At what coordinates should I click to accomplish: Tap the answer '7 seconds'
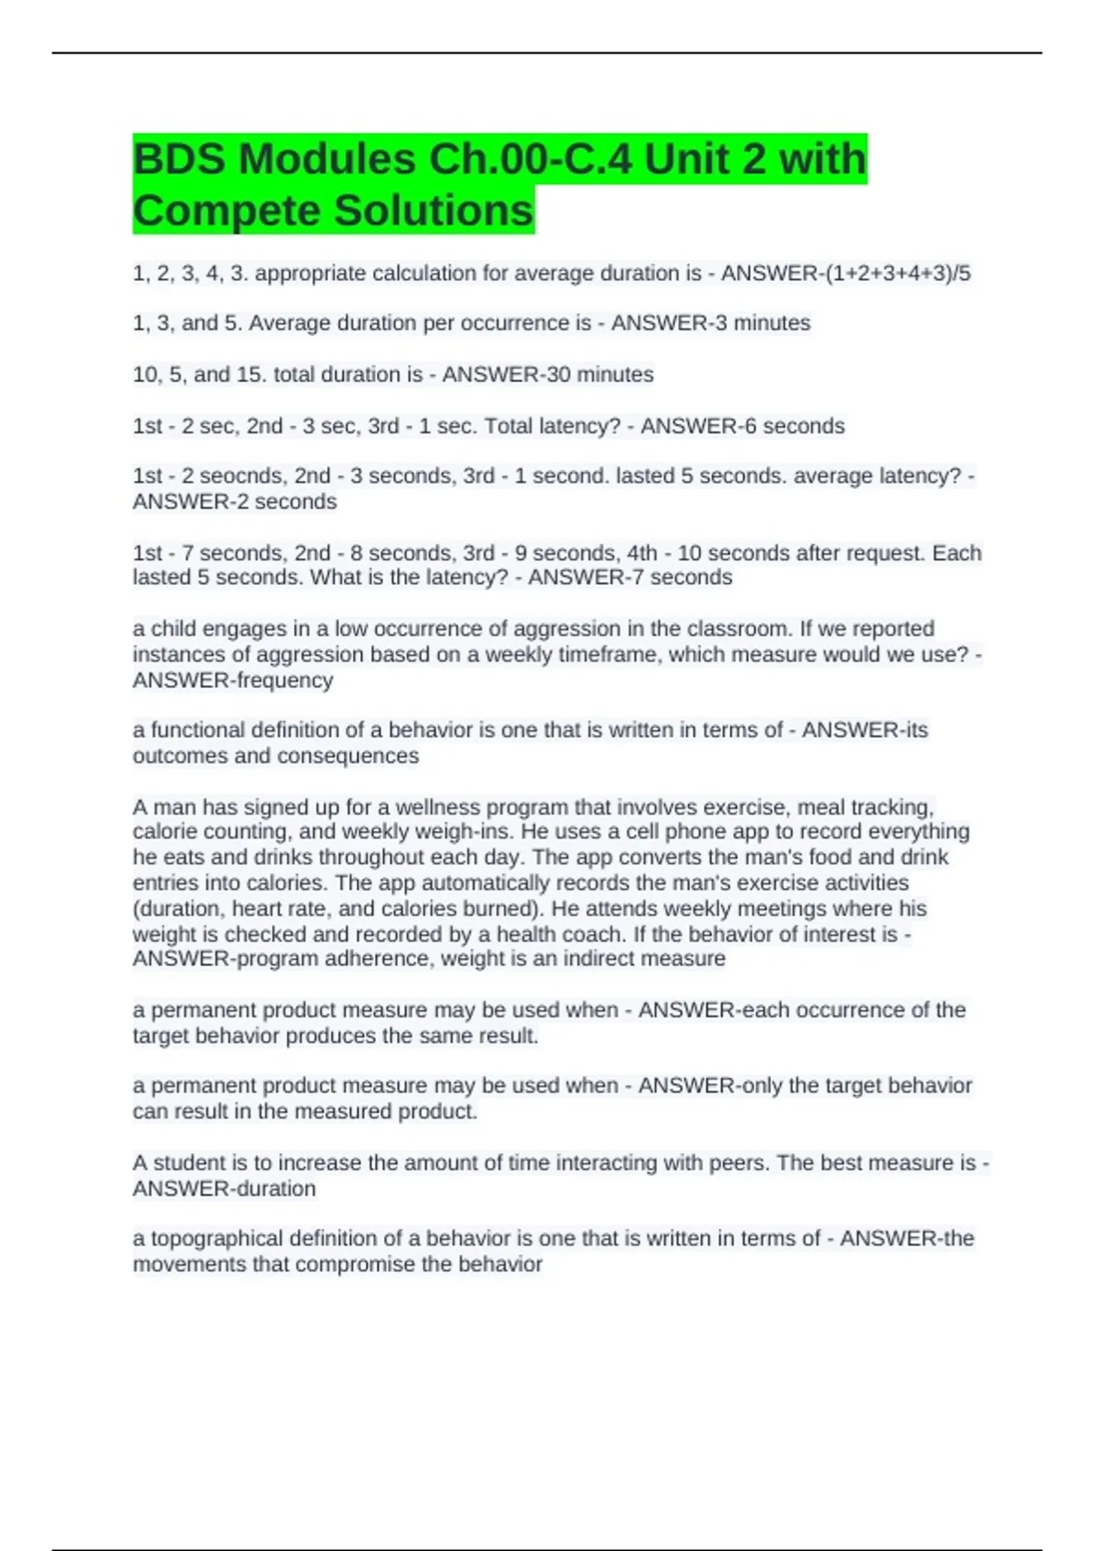[683, 578]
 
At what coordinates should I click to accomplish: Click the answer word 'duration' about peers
[276, 1189]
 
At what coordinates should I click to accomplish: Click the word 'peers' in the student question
[735, 1163]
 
